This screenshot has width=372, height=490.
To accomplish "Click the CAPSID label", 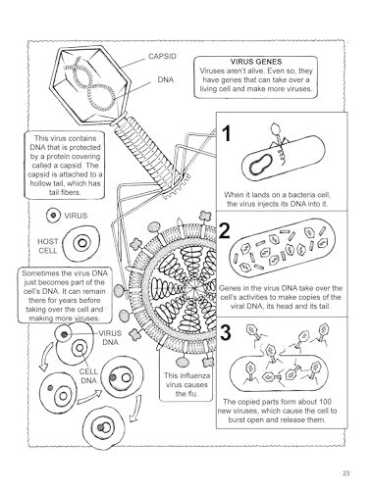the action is [162, 56].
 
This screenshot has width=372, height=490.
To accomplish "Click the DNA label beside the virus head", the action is [166, 79].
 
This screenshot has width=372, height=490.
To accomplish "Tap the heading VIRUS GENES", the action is [256, 62].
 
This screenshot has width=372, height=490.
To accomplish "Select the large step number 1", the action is [227, 134].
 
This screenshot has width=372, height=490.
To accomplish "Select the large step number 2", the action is [225, 230].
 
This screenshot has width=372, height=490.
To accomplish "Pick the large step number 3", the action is [226, 332].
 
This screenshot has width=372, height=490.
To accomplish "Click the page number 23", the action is [346, 472].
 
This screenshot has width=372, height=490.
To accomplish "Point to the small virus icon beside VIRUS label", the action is [54, 216].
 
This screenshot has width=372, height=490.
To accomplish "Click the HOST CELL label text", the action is [48, 246].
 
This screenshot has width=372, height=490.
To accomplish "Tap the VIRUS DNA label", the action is [110, 338].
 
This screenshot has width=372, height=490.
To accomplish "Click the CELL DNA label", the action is [88, 376].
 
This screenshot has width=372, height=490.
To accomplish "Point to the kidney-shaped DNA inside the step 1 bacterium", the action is [260, 165].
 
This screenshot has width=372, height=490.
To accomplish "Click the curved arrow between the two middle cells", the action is [89, 396].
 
